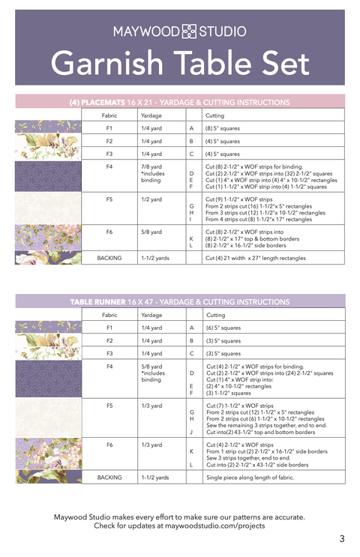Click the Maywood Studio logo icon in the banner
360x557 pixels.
(x=189, y=31)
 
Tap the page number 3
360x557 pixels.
(x=341, y=538)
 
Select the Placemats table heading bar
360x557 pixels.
(x=180, y=102)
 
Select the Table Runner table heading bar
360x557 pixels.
(x=180, y=301)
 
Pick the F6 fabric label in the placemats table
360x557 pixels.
(x=109, y=232)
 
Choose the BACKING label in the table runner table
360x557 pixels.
(x=109, y=477)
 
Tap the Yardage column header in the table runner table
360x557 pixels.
(x=151, y=315)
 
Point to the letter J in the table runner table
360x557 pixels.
(x=191, y=432)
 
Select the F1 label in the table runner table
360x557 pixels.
(x=109, y=328)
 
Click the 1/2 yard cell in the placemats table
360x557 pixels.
(x=151, y=199)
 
